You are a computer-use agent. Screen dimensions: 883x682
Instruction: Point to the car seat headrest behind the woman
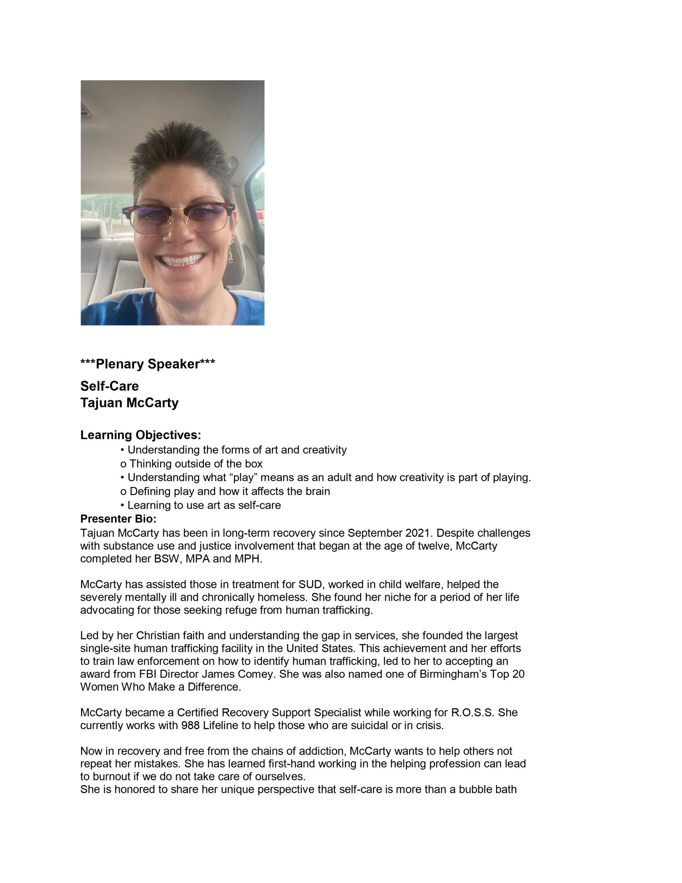[x=93, y=228]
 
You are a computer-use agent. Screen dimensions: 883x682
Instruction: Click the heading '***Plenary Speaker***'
[x=148, y=364]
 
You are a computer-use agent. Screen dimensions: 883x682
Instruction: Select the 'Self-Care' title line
[x=109, y=386]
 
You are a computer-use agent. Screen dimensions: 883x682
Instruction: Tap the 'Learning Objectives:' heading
[x=140, y=435]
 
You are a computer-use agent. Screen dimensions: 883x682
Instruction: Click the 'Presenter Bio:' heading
[x=118, y=519]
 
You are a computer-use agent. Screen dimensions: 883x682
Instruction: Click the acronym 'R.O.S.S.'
[x=472, y=712]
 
